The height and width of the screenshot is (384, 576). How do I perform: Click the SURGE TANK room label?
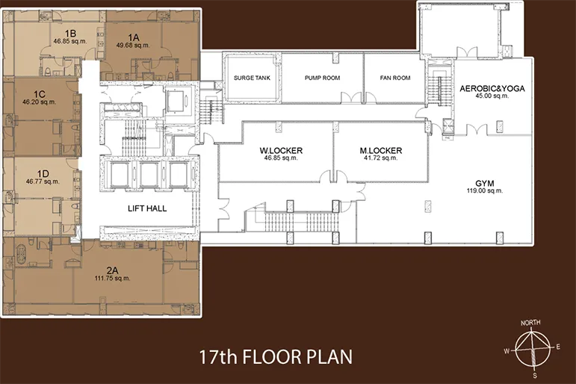(252, 78)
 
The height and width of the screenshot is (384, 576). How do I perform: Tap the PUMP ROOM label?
(322, 78)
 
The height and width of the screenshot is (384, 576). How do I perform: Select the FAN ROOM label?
(395, 78)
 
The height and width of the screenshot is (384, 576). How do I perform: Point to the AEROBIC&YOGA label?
(492, 89)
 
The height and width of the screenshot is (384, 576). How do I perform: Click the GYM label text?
(485, 183)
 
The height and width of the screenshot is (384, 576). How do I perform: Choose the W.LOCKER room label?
(281, 150)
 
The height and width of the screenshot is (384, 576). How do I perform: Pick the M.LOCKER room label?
(381, 150)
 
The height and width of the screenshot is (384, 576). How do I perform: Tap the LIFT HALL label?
(147, 208)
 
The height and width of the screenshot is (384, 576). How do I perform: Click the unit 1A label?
(134, 37)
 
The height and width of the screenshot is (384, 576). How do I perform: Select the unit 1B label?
(70, 34)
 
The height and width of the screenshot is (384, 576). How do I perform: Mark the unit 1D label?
(43, 173)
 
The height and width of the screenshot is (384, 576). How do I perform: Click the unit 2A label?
(112, 270)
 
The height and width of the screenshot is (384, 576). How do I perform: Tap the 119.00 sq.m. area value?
(485, 191)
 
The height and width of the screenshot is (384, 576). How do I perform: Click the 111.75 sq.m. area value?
(112, 278)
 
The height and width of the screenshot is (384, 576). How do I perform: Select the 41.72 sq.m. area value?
(381, 158)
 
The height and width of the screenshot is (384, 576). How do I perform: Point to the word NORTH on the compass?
(530, 323)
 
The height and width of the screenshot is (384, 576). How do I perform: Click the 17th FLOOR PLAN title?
(276, 357)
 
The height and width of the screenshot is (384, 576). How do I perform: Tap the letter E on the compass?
(558, 347)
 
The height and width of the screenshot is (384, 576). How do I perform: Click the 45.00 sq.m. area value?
(492, 96)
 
